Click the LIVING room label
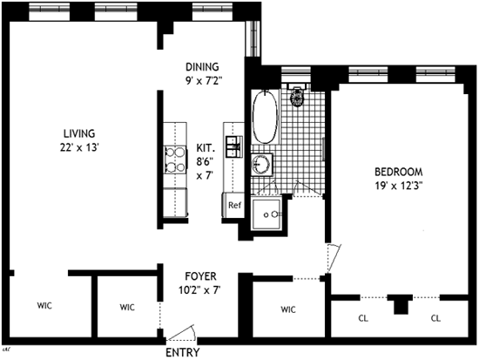point(79,133)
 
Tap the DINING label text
point(202,66)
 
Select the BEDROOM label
point(399,172)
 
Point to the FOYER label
point(200,276)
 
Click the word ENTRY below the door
point(183,352)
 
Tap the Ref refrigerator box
point(234,205)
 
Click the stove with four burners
point(175,160)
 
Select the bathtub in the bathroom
point(265,117)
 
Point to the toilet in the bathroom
point(296,95)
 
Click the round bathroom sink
point(261,164)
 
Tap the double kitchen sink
point(234,146)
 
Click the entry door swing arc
point(183,332)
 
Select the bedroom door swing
point(334,259)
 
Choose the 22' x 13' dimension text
point(79,147)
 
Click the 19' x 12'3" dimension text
point(399,186)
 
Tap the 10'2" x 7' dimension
point(199,289)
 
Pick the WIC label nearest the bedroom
point(288,309)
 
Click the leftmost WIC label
point(44,305)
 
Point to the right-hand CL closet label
point(435,318)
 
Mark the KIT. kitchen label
point(206,148)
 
